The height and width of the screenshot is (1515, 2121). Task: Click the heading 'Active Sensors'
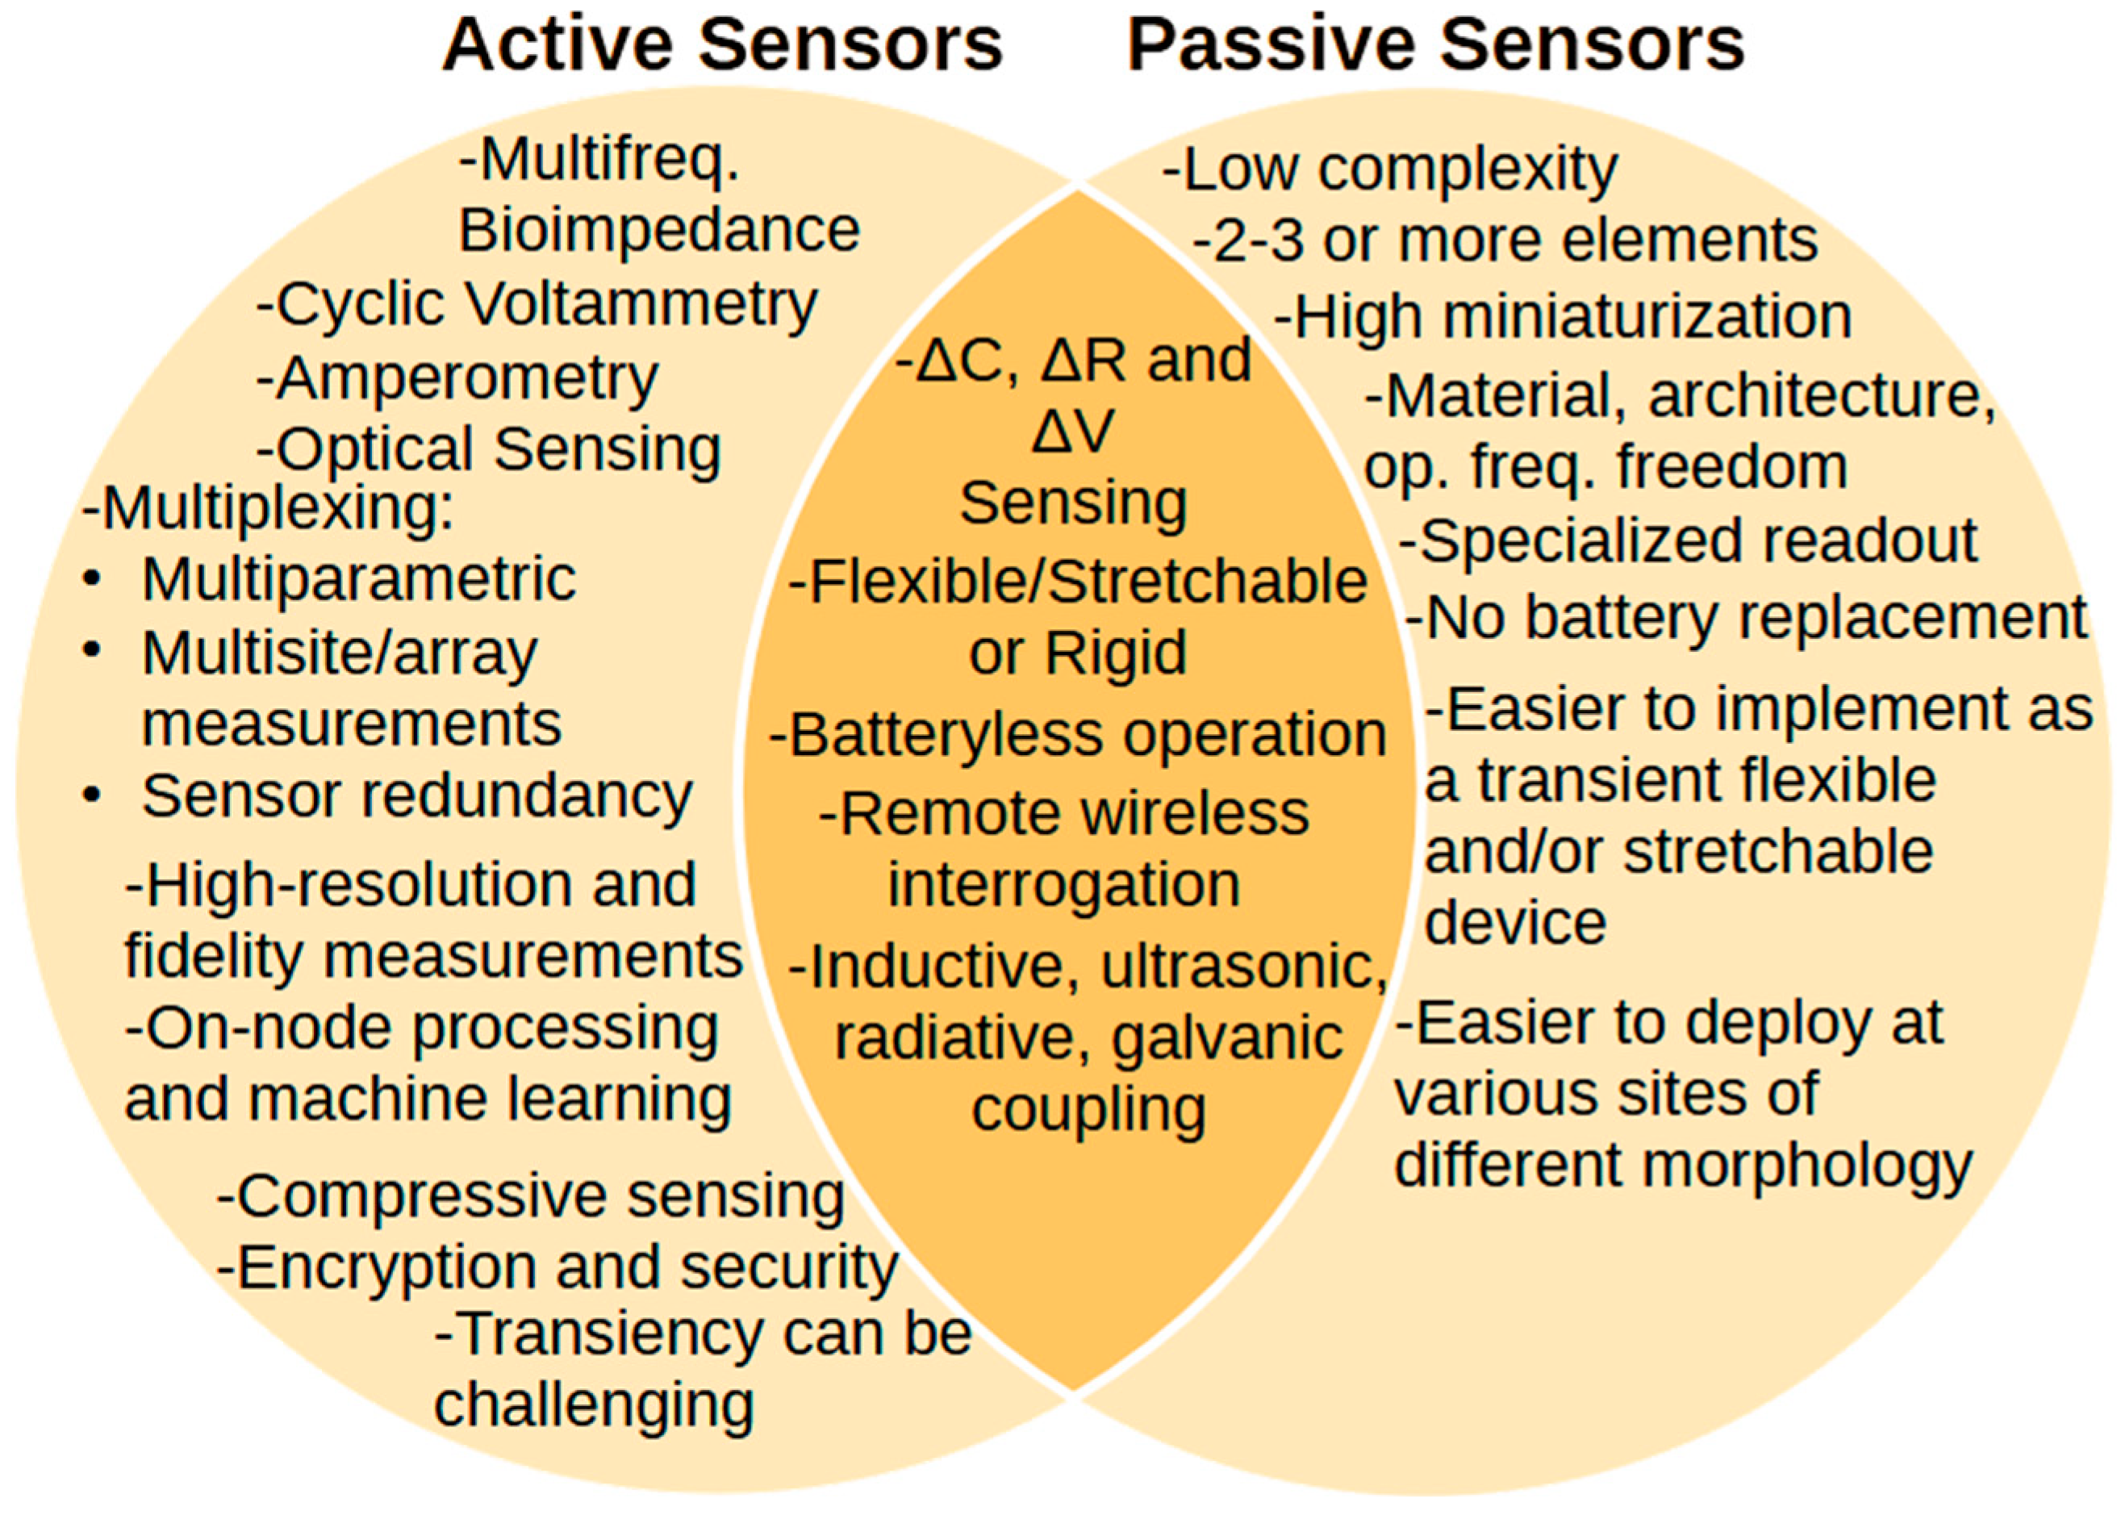[x=722, y=45]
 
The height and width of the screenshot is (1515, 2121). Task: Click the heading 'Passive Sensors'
[x=1435, y=45]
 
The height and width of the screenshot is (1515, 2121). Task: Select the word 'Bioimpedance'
[x=658, y=231]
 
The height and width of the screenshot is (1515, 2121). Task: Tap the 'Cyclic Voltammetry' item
[x=538, y=305]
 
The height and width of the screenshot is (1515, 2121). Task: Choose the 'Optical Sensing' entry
[x=490, y=449]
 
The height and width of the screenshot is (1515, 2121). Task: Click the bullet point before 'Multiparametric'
[x=91, y=579]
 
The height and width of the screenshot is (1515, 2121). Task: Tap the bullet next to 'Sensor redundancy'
[x=91, y=795]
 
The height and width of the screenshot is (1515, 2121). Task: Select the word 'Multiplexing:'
[x=269, y=509]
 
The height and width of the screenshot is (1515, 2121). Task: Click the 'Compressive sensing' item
[x=532, y=1196]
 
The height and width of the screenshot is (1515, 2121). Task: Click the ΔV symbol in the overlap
[x=1073, y=432]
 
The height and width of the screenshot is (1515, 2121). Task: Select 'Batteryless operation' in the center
[x=1078, y=735]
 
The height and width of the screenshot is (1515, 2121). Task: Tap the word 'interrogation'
[x=1063, y=884]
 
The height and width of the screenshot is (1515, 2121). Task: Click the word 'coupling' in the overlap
[x=1088, y=1109]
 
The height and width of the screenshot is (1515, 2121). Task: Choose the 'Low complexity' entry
[x=1390, y=169]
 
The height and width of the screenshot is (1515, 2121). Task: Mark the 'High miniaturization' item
[x=1564, y=317]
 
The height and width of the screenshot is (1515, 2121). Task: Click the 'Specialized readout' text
[x=1689, y=541]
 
